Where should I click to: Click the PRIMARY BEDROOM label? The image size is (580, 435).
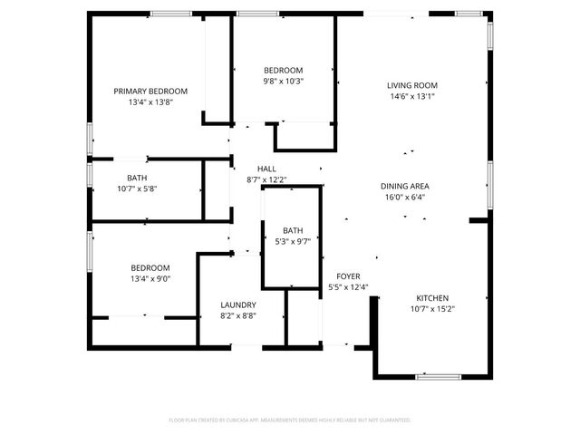point(150,91)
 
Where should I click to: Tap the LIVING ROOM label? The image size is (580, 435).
point(412,85)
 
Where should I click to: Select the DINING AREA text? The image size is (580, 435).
point(404,186)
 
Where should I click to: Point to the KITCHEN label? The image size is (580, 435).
point(432,297)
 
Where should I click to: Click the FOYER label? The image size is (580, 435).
point(348,276)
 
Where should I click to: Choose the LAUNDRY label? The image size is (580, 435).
point(238,304)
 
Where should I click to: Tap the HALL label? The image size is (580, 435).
point(266,169)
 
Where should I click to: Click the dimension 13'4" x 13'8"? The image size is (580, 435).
point(150,102)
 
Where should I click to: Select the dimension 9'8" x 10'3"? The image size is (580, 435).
point(284,81)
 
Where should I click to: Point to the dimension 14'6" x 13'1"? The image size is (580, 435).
point(412,96)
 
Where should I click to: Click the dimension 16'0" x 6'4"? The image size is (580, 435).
point(404,197)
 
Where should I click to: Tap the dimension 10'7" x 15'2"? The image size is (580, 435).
point(432,308)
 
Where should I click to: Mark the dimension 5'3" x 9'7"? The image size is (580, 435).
point(293,242)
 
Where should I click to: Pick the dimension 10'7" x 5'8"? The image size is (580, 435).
point(137,189)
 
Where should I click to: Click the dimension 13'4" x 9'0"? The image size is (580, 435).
point(150,279)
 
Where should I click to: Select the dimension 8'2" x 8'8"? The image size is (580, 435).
point(238,315)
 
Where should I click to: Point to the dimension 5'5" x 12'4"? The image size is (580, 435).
point(348,287)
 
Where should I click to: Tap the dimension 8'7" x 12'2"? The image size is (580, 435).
point(266,179)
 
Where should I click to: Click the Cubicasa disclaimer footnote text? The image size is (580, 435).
point(290,420)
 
